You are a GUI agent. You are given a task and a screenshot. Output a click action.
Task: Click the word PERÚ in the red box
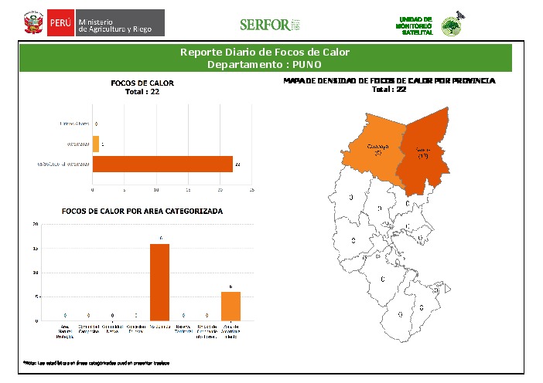pos(60,23)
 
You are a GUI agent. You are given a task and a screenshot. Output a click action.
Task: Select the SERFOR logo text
pos(264,25)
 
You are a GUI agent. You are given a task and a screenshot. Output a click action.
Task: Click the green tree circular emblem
pos(451,27)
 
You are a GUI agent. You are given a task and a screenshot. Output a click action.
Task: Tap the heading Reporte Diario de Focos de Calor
pos(265,53)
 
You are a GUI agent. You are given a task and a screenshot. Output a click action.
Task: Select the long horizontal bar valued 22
pos(162,164)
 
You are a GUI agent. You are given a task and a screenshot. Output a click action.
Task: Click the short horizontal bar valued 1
pos(96,144)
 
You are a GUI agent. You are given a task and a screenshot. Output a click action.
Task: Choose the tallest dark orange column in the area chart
pos(159,282)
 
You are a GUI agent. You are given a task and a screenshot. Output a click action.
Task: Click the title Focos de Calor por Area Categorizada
pos(142,211)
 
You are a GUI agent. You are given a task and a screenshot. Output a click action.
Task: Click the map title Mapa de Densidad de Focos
pos(389,80)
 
